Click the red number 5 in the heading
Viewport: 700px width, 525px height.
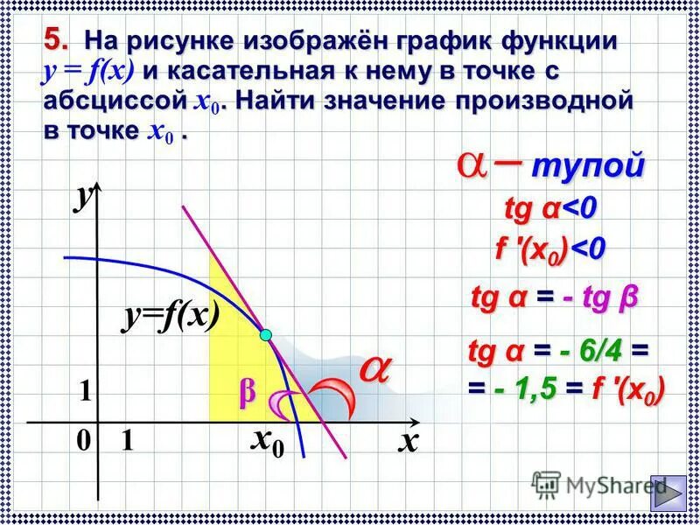[x=55, y=39]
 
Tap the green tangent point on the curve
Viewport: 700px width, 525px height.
[x=265, y=334]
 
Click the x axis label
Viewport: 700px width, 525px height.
[x=406, y=442]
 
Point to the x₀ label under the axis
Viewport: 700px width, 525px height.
[x=267, y=443]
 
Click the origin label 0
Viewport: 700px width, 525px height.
[x=82, y=443]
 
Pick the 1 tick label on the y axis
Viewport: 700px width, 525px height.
[x=85, y=393]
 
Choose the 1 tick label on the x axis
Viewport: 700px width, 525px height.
[x=127, y=443]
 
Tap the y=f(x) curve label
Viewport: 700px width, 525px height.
[x=170, y=318]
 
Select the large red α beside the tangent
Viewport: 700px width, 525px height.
[x=374, y=369]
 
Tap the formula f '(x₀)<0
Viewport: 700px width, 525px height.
[x=550, y=249]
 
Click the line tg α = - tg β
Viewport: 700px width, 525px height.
[x=554, y=298]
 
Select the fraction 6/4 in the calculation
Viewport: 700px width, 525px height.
[x=598, y=352]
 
